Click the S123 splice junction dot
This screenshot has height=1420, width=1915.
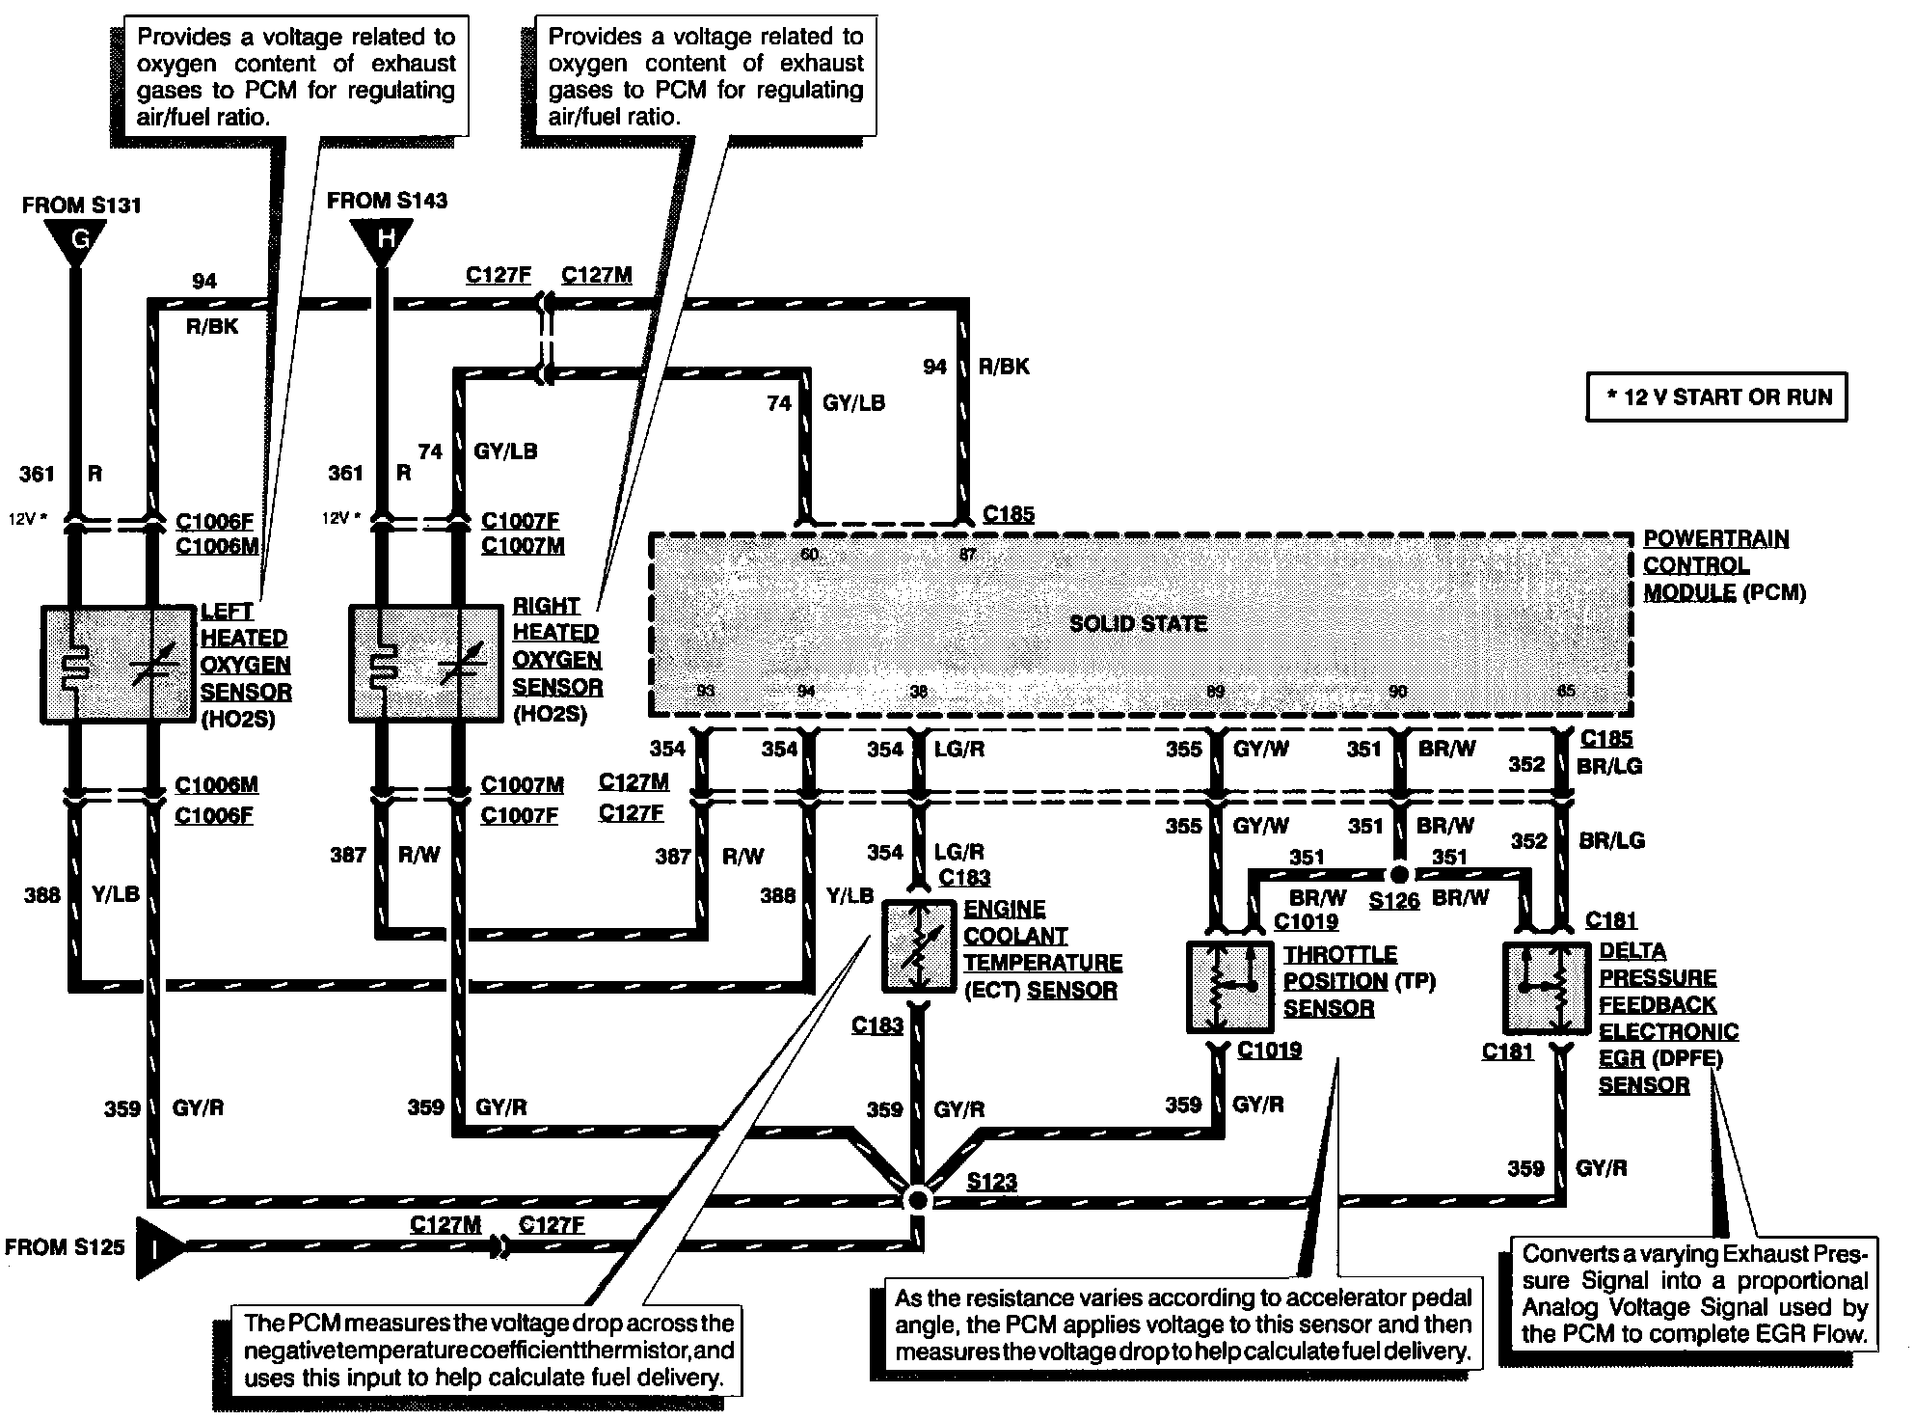click(x=918, y=1199)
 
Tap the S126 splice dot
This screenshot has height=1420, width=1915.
click(x=1398, y=874)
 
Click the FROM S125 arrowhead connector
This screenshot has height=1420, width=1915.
click(x=161, y=1247)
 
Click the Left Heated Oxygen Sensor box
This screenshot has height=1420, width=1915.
click(x=119, y=664)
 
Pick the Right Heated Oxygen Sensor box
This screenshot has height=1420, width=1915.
click(x=425, y=664)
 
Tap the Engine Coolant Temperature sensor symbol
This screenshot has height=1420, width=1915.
click(x=918, y=946)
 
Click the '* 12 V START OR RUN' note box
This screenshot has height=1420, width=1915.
click(x=1716, y=396)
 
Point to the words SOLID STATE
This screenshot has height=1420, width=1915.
click(x=1138, y=623)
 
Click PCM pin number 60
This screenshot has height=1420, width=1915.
click(x=809, y=554)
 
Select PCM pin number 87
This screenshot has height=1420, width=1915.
click(x=967, y=554)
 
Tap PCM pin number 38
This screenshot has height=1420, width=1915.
click(x=918, y=692)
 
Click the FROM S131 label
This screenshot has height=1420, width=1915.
click(x=81, y=205)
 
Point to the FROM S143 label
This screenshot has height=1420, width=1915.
click(x=387, y=201)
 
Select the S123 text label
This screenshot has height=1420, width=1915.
click(x=991, y=1182)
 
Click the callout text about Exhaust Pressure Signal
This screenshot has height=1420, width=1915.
click(x=1694, y=1294)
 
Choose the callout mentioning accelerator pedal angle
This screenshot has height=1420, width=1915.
click(x=1183, y=1324)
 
